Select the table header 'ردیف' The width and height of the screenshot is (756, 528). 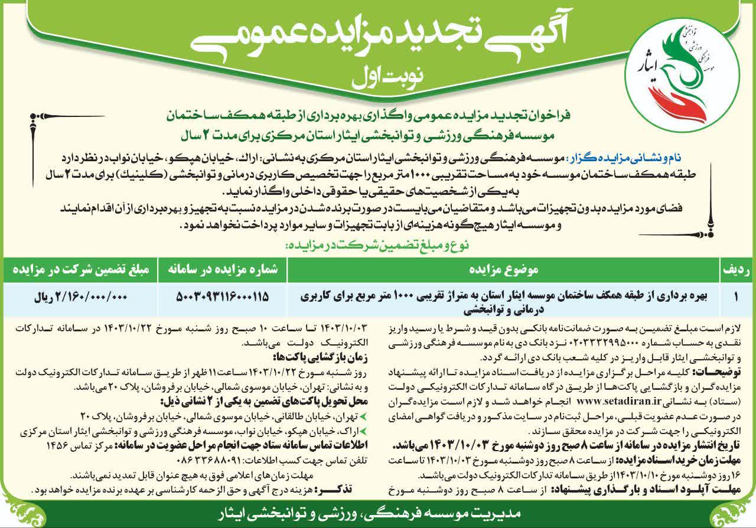click(x=737, y=269)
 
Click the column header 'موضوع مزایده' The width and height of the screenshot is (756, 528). click(x=502, y=269)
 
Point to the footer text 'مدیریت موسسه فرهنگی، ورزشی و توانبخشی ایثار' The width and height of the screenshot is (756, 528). click(x=378, y=512)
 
